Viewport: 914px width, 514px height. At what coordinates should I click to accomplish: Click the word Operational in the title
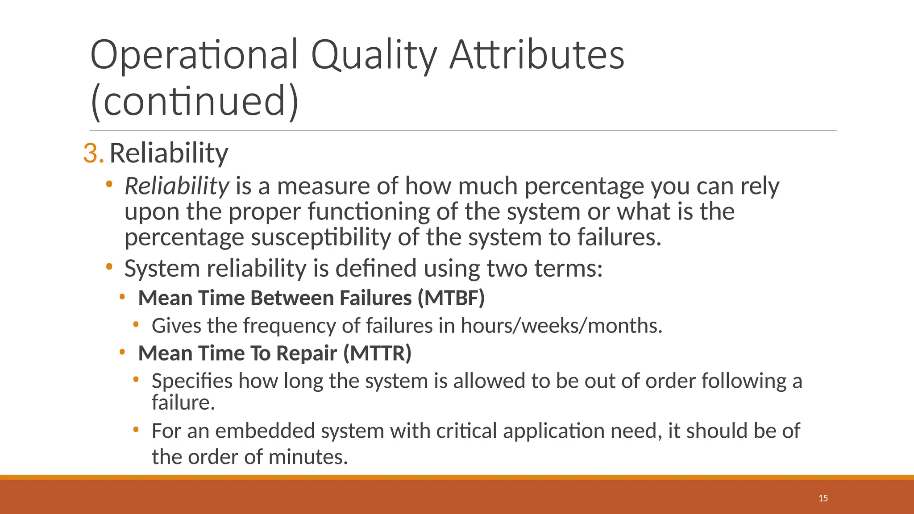tap(194, 55)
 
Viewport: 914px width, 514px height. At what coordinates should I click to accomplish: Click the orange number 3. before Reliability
tap(93, 153)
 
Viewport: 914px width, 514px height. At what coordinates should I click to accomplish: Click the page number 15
tap(823, 498)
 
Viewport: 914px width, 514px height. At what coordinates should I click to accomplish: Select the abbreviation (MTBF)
tap(451, 298)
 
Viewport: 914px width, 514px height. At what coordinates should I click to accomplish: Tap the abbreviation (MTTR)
tap(377, 353)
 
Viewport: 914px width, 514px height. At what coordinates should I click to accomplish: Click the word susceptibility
tap(321, 237)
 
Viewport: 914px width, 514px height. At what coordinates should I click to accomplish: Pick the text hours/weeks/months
tap(561, 325)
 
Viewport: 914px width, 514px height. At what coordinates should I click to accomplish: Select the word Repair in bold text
tap(306, 353)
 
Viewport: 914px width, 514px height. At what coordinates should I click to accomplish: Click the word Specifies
tap(192, 381)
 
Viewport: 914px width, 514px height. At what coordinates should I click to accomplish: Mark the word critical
tap(466, 431)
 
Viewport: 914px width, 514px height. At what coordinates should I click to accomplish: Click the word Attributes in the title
tap(536, 55)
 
